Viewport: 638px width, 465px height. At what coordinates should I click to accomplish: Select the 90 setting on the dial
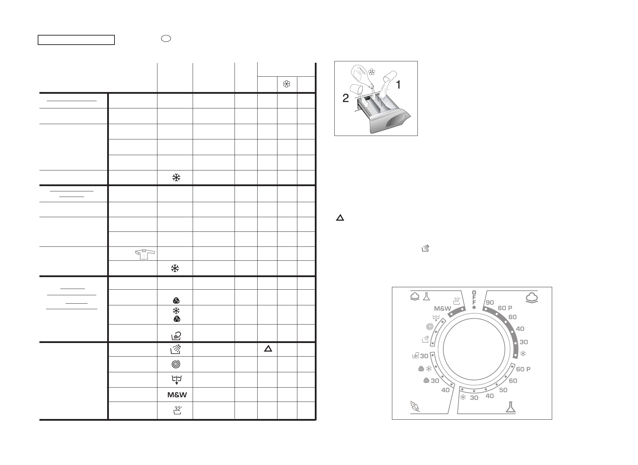[x=490, y=302]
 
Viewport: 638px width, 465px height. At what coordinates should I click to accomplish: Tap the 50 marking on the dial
[x=503, y=390]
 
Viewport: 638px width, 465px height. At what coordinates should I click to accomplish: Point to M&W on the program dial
[x=443, y=308]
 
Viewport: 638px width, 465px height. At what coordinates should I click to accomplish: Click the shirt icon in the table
[x=144, y=254]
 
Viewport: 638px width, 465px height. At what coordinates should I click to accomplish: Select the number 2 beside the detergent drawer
[x=345, y=99]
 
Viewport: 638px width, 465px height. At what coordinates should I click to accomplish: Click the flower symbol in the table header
[x=287, y=84]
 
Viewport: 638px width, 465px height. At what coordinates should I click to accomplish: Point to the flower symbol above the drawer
[x=372, y=72]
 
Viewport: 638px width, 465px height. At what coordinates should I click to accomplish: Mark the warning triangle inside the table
[x=268, y=348]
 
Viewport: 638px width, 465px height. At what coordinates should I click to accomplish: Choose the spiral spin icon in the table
[x=177, y=364]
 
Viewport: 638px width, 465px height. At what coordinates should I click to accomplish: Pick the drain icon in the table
[x=177, y=380]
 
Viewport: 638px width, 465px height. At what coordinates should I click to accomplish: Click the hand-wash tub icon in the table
[x=176, y=335]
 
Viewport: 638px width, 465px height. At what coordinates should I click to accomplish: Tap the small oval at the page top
[x=166, y=39]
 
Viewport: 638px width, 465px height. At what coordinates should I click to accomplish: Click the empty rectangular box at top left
[x=76, y=40]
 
